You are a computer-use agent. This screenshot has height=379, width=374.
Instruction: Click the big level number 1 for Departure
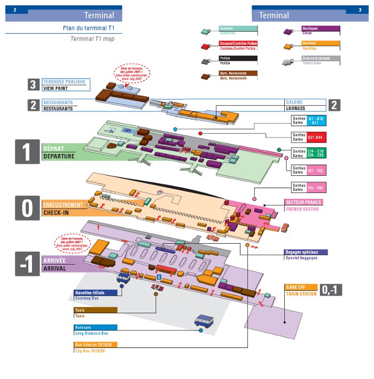pos(26,151)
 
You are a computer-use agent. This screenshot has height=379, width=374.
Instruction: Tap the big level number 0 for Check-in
pos(26,208)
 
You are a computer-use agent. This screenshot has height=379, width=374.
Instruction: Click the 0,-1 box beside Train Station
pos(331,290)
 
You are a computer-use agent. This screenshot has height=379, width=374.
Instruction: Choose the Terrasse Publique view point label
pos(64,84)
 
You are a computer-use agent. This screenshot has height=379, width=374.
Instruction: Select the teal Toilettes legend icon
pos(206,32)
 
